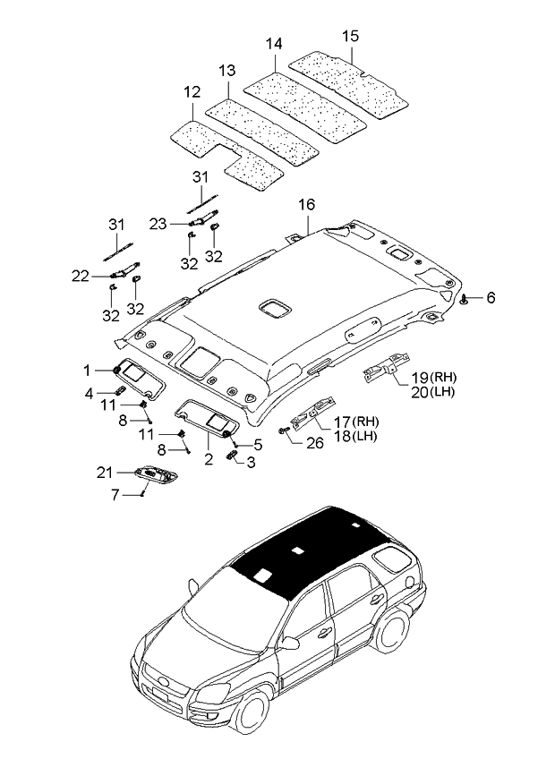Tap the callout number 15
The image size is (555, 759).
[351, 37]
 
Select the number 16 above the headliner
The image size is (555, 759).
[306, 205]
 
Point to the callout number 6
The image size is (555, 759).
[491, 298]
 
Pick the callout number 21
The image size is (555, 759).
[106, 472]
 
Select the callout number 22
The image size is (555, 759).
[81, 277]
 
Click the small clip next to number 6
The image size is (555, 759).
[465, 299]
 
